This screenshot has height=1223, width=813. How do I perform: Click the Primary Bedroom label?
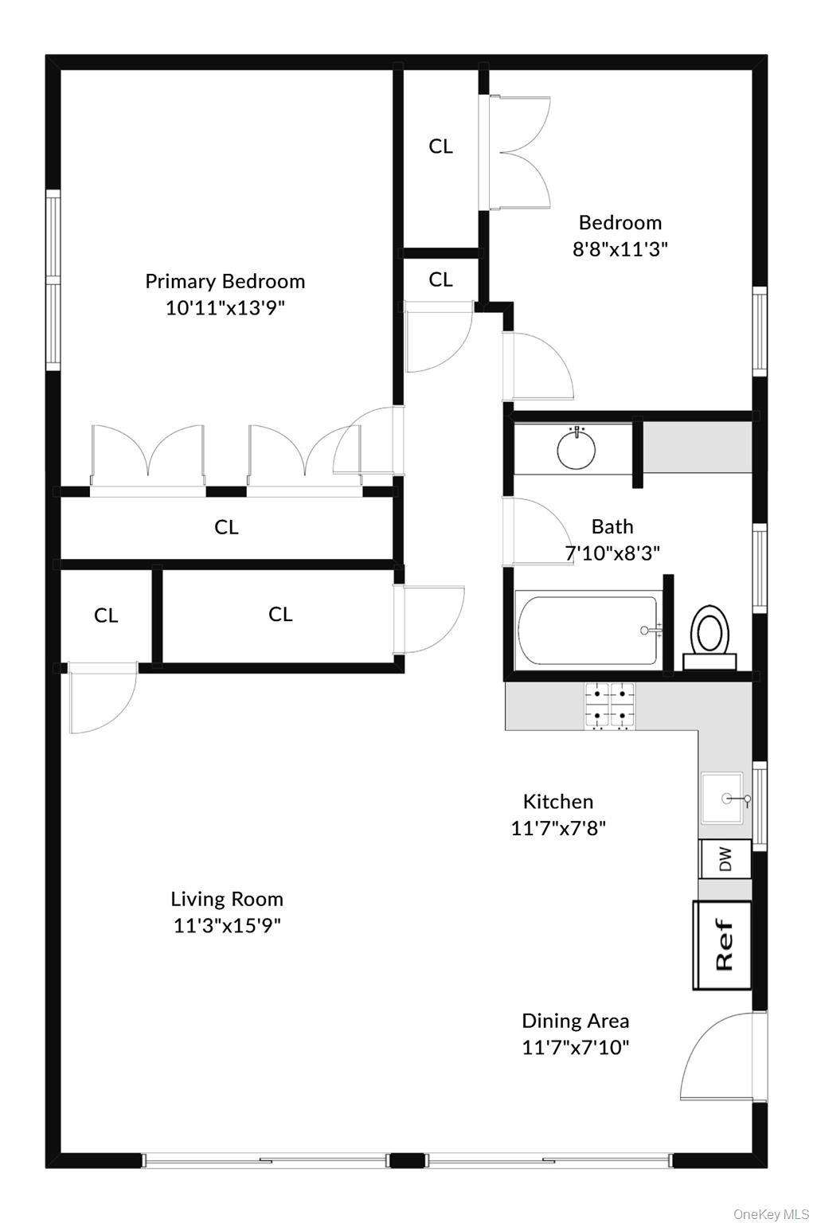click(x=225, y=281)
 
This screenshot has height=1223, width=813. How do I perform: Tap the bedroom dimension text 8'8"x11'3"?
click(x=620, y=249)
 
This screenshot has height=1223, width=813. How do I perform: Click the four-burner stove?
click(x=610, y=706)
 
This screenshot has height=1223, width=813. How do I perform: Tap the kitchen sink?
click(x=722, y=798)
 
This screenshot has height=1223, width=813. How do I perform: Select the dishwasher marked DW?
click(x=725, y=858)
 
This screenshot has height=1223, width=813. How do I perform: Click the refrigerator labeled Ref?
click(x=722, y=945)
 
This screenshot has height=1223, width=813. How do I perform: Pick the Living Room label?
click(x=227, y=899)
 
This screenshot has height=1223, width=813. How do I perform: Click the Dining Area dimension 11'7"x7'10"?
click(x=575, y=1047)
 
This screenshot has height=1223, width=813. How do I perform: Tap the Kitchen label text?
click(x=557, y=802)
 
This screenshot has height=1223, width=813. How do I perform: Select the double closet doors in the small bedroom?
click(x=518, y=152)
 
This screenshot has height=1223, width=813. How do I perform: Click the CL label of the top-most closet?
click(x=440, y=147)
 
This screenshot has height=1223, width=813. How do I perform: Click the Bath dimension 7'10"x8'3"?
click(x=612, y=553)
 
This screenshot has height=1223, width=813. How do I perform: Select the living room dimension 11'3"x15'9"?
click(x=227, y=925)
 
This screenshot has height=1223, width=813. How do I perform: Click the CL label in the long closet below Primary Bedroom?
click(x=226, y=527)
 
